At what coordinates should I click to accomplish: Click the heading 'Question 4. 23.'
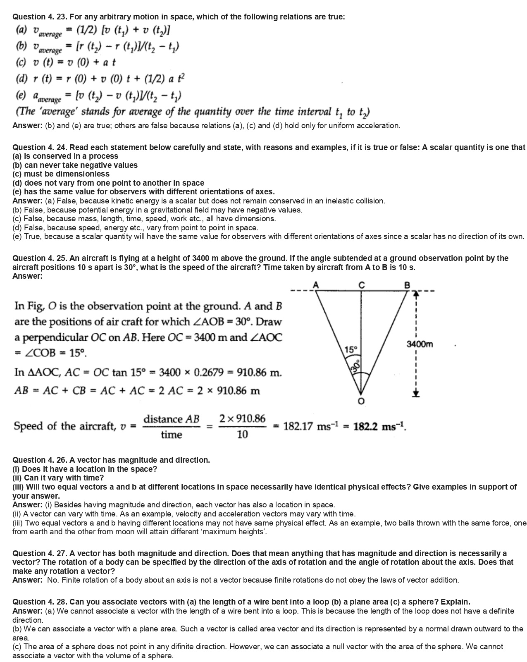click(x=40, y=17)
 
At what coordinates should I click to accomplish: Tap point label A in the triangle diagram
click(x=316, y=284)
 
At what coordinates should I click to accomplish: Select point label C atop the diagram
click(x=362, y=284)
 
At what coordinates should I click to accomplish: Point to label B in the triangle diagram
click(x=407, y=284)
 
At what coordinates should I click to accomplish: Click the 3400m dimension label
click(x=420, y=344)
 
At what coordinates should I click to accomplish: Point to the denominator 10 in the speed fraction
click(x=243, y=435)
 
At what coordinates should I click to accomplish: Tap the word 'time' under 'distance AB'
click(x=171, y=435)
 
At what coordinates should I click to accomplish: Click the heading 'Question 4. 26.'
click(x=40, y=460)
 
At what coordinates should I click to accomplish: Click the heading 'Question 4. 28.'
click(x=40, y=602)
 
